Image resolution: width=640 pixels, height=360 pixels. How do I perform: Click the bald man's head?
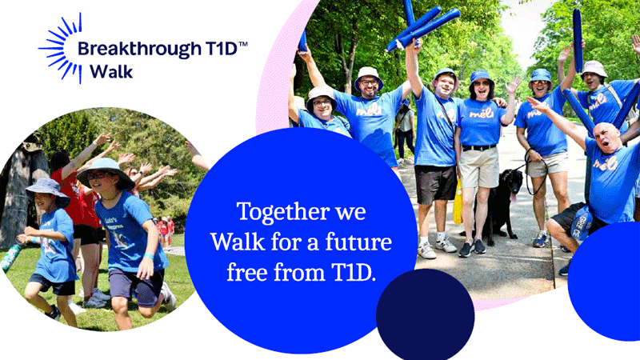coord(607,136)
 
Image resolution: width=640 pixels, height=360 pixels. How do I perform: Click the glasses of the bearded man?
coord(370,83)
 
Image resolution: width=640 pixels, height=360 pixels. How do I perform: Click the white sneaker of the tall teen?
coord(426,250)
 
